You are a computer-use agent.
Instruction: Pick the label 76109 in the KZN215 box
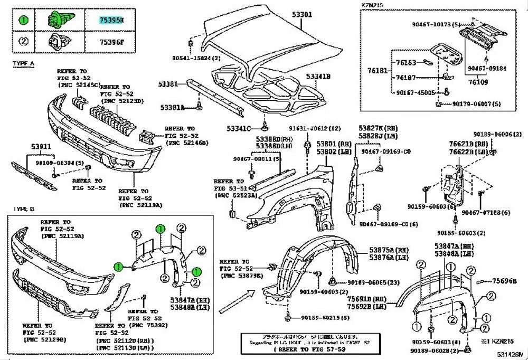click(x=477, y=83)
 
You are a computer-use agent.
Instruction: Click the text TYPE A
click(x=24, y=63)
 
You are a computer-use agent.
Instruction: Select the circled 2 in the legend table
click(x=24, y=41)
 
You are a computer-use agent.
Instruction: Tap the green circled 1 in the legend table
click(x=24, y=20)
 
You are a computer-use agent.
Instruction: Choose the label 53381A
click(x=173, y=108)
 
